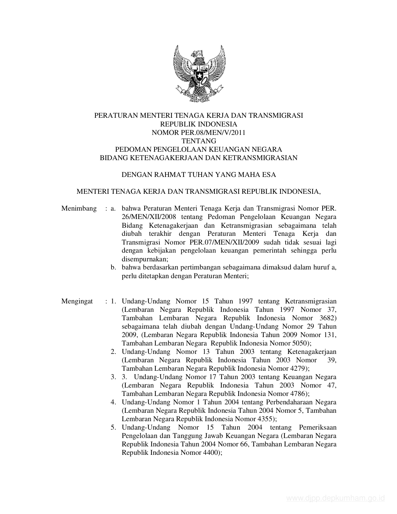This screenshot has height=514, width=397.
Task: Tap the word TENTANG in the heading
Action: [199, 141]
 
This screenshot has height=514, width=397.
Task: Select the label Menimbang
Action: [79, 208]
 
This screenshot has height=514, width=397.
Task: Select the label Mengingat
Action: [77, 301]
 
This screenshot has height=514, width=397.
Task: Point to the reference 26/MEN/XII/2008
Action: [145, 217]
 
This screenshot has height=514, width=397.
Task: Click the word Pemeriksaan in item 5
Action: [318, 427]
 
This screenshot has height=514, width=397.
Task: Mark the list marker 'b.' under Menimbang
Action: [113, 267]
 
